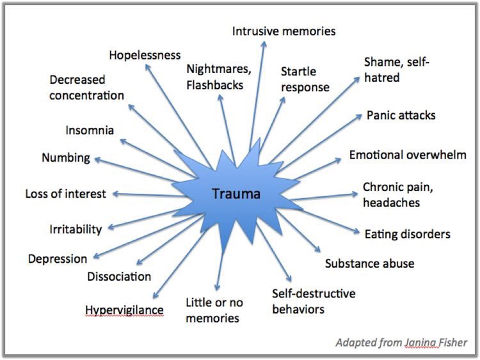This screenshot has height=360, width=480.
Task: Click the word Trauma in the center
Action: point(236,194)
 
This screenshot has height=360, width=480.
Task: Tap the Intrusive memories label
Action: point(284,31)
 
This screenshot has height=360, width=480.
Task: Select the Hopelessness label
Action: point(145,55)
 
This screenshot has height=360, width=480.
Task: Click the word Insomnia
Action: point(90,130)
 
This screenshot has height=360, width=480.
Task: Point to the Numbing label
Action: point(66,158)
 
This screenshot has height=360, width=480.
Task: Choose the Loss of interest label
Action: point(65,194)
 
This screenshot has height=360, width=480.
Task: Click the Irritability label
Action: point(76,230)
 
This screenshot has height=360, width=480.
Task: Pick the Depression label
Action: point(58,259)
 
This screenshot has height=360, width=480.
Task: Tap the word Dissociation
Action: point(119,276)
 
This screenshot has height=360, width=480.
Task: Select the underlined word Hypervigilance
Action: point(124,310)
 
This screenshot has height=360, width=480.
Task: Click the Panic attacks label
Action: point(401,115)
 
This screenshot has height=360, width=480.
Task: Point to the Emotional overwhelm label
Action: point(408,155)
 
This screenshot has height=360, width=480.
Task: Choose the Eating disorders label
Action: point(408,234)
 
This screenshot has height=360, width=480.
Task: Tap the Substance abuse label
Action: point(369,263)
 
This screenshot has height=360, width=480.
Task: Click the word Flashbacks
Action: point(215,85)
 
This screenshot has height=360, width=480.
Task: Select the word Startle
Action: point(298,72)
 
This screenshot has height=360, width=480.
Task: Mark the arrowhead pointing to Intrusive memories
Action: point(264,44)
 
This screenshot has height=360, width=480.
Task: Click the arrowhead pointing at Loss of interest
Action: point(116,194)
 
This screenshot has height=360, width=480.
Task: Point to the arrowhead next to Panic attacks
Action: point(359,116)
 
